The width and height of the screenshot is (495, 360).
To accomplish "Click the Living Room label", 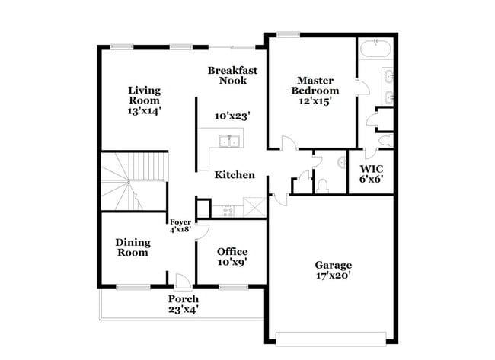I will point(144,100).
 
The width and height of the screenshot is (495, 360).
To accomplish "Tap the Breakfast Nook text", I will point(232,75).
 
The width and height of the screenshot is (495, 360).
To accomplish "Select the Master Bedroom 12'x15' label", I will point(318,90).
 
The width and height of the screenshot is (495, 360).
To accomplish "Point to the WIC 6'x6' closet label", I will point(371,174).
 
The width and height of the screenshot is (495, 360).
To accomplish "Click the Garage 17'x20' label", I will point(334,271).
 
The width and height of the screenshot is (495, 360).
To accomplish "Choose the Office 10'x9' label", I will point(232,257).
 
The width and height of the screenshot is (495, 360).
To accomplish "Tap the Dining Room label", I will point(133,247).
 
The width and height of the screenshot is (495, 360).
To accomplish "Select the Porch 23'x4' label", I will point(183,304).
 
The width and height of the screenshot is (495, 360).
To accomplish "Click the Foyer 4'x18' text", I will point(180,225).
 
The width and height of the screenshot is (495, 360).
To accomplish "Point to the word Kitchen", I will point(234,175).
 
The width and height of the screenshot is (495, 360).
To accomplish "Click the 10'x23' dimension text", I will point(232,116).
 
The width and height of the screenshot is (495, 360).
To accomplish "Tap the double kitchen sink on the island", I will point(228,141).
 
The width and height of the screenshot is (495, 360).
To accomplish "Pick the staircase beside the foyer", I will point(134,181).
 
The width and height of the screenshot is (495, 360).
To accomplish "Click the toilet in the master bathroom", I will point(385,141).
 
